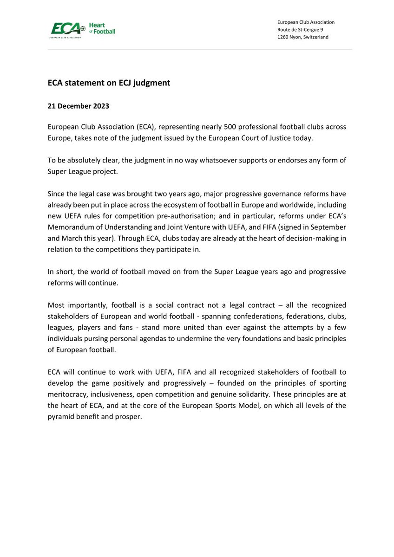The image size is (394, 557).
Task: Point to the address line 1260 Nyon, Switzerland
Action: point(302,37)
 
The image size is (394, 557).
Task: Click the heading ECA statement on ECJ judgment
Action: point(109,83)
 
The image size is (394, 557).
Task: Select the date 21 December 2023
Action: point(79,106)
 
